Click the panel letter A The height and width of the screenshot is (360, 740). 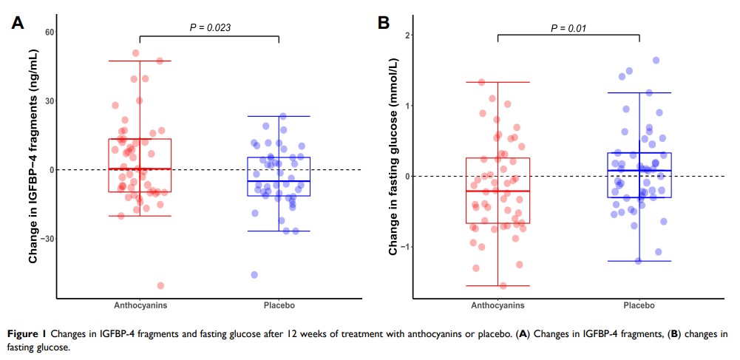pyautogui.click(x=17, y=23)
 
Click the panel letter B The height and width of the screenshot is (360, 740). pyautogui.click(x=384, y=23)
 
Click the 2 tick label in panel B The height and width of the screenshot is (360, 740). pyautogui.click(x=409, y=35)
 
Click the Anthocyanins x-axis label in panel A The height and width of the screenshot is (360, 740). pyautogui.click(x=140, y=305)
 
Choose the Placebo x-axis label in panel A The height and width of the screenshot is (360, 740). pyautogui.click(x=279, y=305)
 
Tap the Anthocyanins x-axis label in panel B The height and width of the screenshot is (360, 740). pyautogui.click(x=498, y=305)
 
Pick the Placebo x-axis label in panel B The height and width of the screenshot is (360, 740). pyautogui.click(x=639, y=305)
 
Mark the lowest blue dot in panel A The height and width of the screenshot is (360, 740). pyautogui.click(x=254, y=274)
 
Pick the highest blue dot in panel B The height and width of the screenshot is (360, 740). pyautogui.click(x=656, y=61)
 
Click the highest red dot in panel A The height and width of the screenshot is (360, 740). pyautogui.click(x=136, y=53)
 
